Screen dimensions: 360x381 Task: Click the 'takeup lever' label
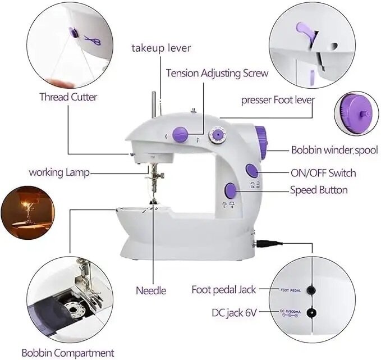pos(161,48)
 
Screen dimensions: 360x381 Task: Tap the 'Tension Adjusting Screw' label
pos(217,73)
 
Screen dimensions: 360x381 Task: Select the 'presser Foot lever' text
pos(278,100)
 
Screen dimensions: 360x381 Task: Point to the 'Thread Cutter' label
pos(68,97)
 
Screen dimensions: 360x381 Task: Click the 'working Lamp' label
pos(59,172)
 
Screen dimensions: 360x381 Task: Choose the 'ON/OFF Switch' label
pos(323,173)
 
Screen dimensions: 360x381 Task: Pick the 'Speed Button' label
pos(318,190)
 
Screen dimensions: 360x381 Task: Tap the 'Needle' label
pos(151,290)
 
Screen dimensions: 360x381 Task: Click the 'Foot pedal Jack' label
pos(224,290)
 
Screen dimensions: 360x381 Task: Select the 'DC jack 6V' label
pos(235,312)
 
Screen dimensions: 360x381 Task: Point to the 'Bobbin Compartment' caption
pos(68,353)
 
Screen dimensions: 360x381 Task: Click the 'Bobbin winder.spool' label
pos(331,150)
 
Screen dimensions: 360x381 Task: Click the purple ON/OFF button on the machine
pos(253,171)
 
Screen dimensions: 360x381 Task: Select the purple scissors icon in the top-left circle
pos(90,40)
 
